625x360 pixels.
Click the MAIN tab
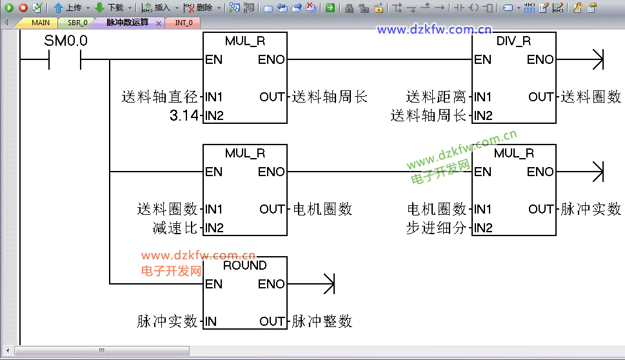point(40,23)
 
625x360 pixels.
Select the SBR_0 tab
point(77,23)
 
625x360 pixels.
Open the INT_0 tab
point(184,23)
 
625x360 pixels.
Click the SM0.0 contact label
point(66,41)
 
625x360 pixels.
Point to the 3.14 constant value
point(184,115)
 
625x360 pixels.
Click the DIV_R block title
point(513,41)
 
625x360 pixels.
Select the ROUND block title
point(244,266)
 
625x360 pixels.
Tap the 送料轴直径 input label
point(159,97)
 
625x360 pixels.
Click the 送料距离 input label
point(435,97)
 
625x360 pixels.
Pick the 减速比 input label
point(175,228)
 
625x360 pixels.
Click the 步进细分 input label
point(436,228)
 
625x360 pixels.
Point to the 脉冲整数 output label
point(322,321)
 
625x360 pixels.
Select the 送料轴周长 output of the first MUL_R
point(330,97)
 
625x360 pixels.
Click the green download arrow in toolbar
point(99,7)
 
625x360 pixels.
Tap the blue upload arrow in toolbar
point(58,7)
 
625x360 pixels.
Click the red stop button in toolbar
point(23,7)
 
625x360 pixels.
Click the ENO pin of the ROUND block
point(271,285)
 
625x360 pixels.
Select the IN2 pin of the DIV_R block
point(483,115)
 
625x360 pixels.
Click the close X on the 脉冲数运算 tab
point(158,23)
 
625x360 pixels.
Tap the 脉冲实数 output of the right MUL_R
point(591,209)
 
